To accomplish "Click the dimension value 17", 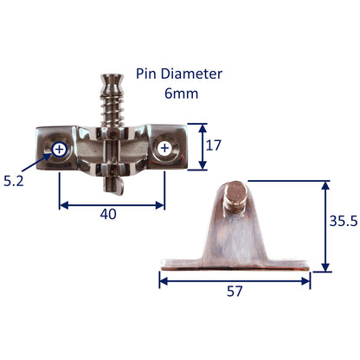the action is tap(214, 145).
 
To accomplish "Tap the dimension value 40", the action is tap(108, 215).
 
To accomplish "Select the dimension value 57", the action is tap(235, 292).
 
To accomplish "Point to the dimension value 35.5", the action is tap(344, 222).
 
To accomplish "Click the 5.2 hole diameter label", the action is tap(14, 181).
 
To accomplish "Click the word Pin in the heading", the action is tap(147, 74).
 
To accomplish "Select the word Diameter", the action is tap(191, 74).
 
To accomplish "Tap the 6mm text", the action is tap(182, 93).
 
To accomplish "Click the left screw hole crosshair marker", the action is tap(59, 150).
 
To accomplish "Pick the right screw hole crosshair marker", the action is tap(164, 148).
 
